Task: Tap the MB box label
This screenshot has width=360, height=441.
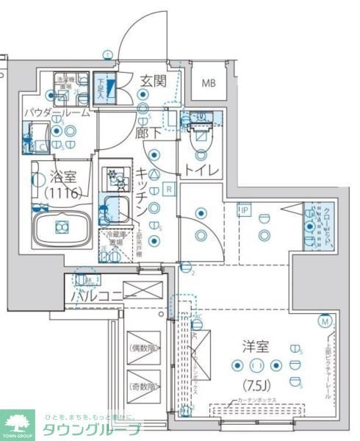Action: (x=210, y=83)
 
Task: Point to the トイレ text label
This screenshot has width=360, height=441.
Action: (x=201, y=171)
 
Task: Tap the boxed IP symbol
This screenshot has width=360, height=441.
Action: (x=243, y=210)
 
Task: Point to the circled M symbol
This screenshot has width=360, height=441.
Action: (x=325, y=320)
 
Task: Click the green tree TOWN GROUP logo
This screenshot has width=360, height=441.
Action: (x=18, y=422)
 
